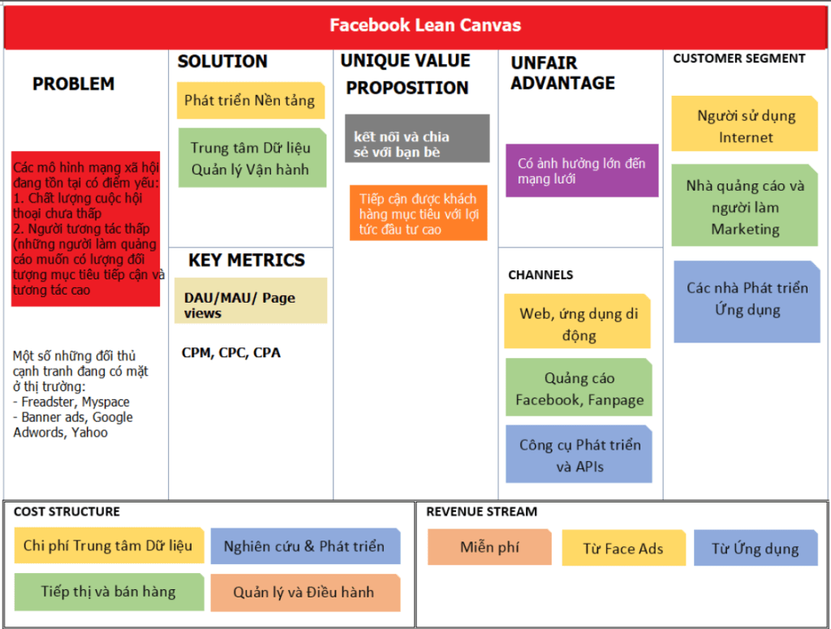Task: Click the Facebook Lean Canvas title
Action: (x=424, y=25)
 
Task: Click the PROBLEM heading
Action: (x=73, y=84)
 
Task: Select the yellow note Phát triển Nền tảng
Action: (x=250, y=101)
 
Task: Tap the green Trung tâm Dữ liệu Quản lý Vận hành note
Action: (x=250, y=158)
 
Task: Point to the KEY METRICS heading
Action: (x=246, y=261)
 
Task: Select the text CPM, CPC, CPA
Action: (x=231, y=353)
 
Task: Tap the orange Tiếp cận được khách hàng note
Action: (x=418, y=213)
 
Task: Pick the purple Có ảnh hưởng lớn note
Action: (x=582, y=170)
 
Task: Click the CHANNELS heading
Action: (x=540, y=275)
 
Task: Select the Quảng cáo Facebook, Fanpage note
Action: (x=579, y=388)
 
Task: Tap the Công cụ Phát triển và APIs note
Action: (x=579, y=455)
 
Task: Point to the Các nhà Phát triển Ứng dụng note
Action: (x=747, y=299)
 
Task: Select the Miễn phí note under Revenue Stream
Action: (x=489, y=547)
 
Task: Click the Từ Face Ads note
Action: (x=622, y=549)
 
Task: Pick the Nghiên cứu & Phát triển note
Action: (x=305, y=546)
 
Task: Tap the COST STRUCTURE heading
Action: (x=67, y=511)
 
